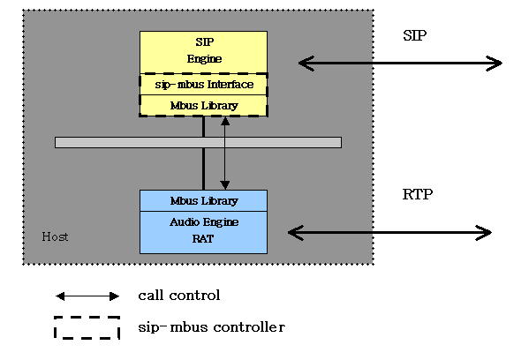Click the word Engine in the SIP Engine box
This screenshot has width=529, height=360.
click(x=205, y=59)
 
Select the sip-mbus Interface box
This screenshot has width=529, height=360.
click(x=203, y=85)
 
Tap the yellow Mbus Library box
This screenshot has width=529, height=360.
click(x=203, y=106)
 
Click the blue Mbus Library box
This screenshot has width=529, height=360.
click(x=203, y=201)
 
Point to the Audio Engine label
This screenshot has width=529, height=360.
click(x=205, y=222)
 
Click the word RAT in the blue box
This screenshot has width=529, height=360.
click(x=203, y=238)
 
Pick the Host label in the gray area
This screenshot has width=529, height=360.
click(x=55, y=236)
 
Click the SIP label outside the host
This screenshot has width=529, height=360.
click(x=414, y=35)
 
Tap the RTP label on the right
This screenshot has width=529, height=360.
click(x=418, y=194)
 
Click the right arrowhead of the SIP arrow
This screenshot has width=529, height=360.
click(x=495, y=64)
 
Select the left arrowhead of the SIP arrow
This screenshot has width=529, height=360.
click(x=306, y=64)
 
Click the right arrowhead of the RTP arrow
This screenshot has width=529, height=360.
click(x=483, y=233)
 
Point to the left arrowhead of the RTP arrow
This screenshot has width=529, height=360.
click(x=296, y=233)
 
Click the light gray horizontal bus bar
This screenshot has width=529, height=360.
click(x=198, y=142)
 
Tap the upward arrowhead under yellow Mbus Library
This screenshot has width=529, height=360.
click(x=225, y=121)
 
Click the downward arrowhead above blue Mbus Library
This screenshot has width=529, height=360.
click(x=225, y=185)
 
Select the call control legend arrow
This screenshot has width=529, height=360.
click(x=87, y=296)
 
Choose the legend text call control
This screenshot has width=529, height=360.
click(x=179, y=296)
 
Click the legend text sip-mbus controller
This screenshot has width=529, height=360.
click(x=212, y=327)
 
